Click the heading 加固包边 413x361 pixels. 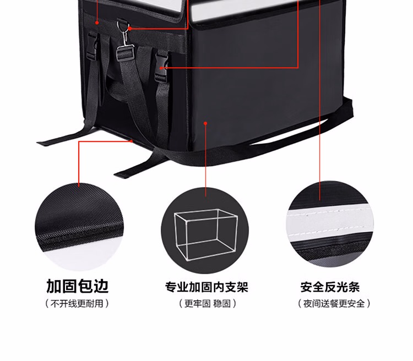tap(78, 286)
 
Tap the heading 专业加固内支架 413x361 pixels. tap(206, 287)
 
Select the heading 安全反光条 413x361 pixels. tap(330, 287)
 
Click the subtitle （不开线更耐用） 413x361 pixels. tap(78, 303)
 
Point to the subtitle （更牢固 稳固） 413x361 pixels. tap(206, 303)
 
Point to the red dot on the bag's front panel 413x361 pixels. tap(205, 123)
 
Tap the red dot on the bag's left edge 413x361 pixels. tap(97, 23)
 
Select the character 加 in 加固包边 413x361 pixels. tap(54, 286)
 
